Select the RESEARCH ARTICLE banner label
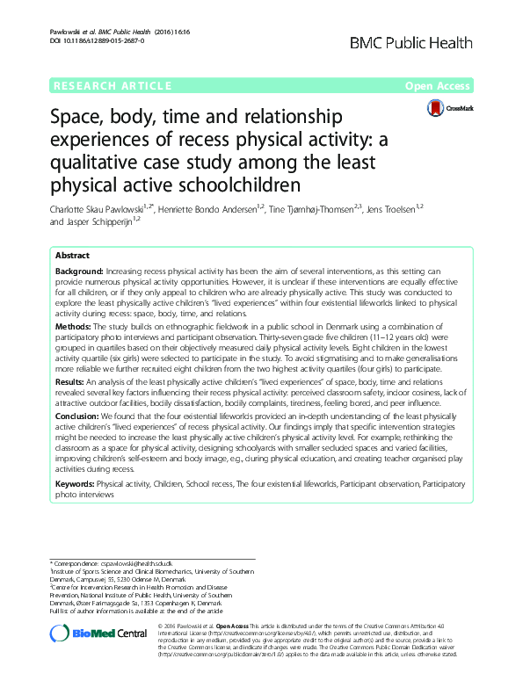pyautogui.click(x=113, y=86)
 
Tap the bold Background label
pyautogui.click(x=80, y=271)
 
